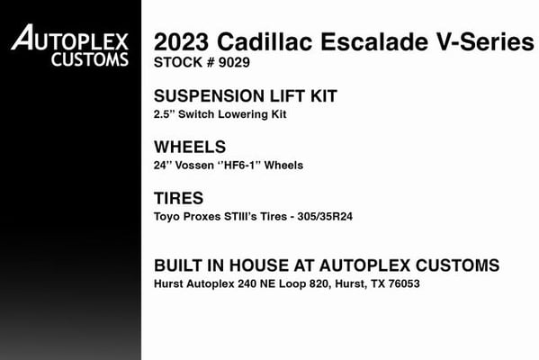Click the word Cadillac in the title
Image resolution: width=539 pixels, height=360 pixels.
click(x=265, y=41)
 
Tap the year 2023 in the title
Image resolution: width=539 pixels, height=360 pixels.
click(x=181, y=41)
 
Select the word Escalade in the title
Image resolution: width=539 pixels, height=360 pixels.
click(x=374, y=41)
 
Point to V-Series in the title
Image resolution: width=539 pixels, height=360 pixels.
click(x=485, y=41)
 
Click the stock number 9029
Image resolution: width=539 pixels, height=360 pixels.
click(x=234, y=62)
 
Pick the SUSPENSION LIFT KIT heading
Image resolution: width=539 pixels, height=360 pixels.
click(x=246, y=96)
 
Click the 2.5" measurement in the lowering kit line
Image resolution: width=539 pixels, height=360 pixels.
click(x=165, y=113)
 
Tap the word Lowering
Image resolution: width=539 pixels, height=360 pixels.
click(x=243, y=114)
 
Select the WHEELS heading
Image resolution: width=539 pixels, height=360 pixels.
click(x=190, y=147)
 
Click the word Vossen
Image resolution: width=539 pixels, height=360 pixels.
click(x=194, y=166)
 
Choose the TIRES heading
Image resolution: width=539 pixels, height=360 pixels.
click(x=178, y=198)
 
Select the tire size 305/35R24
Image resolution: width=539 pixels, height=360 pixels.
click(x=325, y=217)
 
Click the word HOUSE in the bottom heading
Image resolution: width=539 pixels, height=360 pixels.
click(x=259, y=265)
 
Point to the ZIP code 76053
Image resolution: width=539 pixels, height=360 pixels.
click(x=404, y=283)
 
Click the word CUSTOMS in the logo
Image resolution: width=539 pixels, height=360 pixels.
click(x=90, y=59)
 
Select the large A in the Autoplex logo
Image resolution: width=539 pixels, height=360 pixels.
click(x=22, y=37)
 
